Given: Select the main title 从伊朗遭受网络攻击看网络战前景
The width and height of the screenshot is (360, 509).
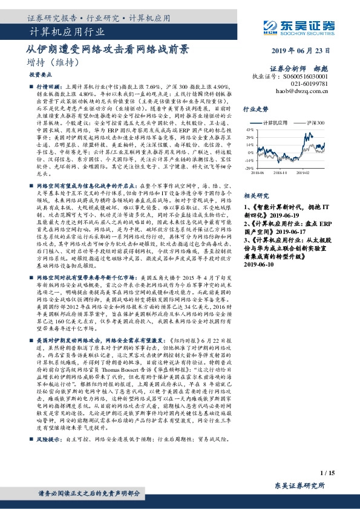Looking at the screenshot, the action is [108, 50].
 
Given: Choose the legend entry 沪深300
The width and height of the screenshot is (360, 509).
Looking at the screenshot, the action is [315, 123].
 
